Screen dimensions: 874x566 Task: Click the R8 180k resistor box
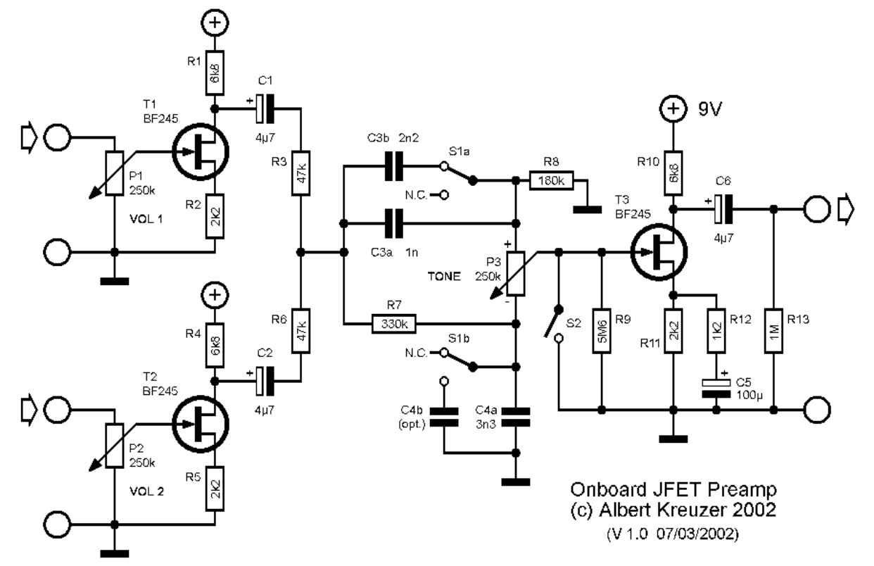pyautogui.click(x=551, y=180)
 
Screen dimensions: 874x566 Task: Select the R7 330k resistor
pyautogui.click(x=393, y=324)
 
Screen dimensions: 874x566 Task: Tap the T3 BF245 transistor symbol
pyautogui.click(x=659, y=252)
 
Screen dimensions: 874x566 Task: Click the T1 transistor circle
pyautogui.click(x=200, y=152)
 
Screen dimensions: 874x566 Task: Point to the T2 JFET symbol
pyautogui.click(x=200, y=424)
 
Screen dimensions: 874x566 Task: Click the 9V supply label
pyautogui.click(x=710, y=109)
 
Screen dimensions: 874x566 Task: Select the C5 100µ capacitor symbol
pyautogui.click(x=716, y=389)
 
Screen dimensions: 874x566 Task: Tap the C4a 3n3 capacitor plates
pyautogui.click(x=515, y=417)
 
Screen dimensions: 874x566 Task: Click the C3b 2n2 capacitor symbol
pyautogui.click(x=393, y=166)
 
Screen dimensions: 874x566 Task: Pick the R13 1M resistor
pyautogui.click(x=773, y=331)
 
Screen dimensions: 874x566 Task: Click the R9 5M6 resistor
pyautogui.click(x=601, y=331)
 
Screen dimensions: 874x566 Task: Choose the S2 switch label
pyautogui.click(x=574, y=323)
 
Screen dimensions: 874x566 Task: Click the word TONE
pyautogui.click(x=444, y=277)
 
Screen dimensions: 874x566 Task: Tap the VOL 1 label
pyautogui.click(x=146, y=219)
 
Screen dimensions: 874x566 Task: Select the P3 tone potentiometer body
pyautogui.click(x=515, y=274)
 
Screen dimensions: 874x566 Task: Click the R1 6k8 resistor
pyautogui.click(x=215, y=73)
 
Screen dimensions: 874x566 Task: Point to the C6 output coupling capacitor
pyautogui.click(x=723, y=209)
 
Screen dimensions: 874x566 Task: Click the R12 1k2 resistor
pyautogui.click(x=716, y=331)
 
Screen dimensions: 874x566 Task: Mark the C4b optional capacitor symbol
pyautogui.click(x=443, y=417)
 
